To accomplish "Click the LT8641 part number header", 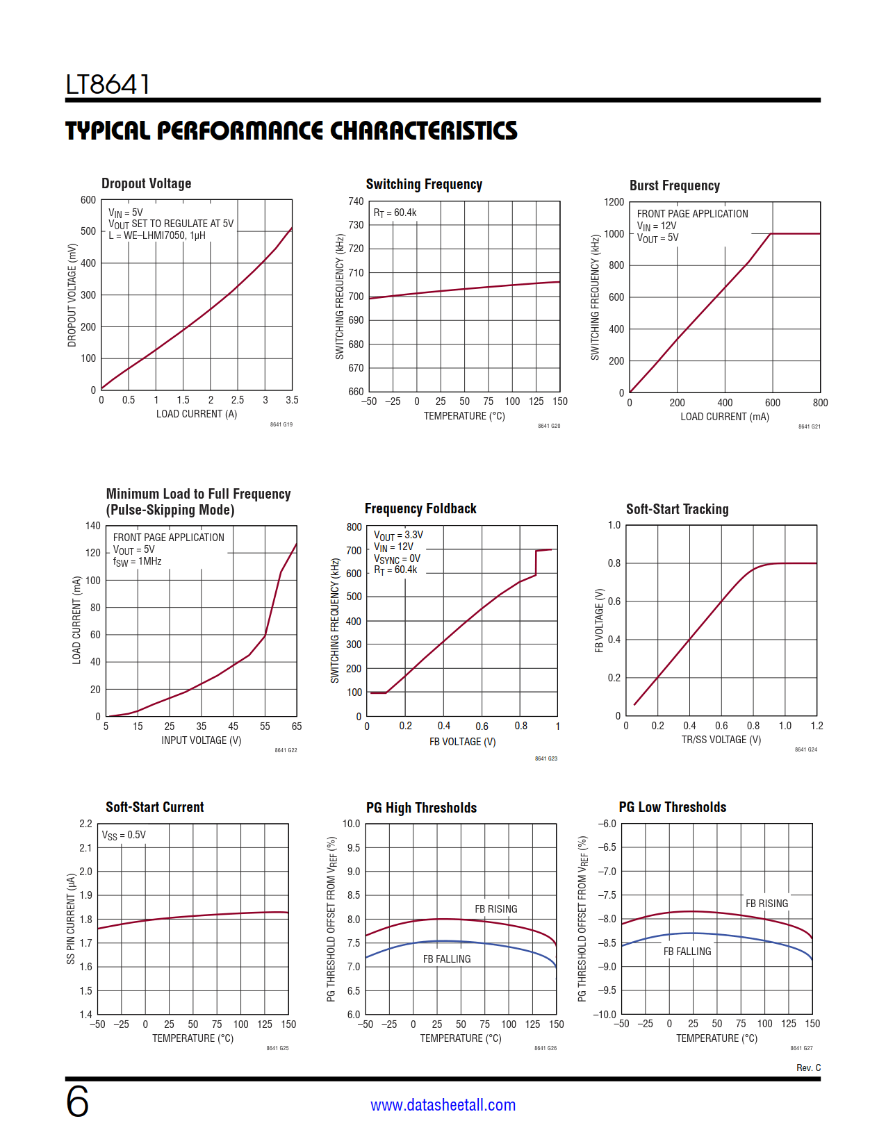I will tap(108, 85).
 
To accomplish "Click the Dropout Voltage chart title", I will tap(146, 183).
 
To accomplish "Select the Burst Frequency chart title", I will tap(674, 185).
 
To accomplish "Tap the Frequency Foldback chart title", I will tap(420, 508).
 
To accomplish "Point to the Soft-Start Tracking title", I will tap(677, 509).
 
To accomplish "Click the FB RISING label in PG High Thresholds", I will tap(495, 909).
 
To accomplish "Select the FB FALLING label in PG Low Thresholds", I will tap(687, 952).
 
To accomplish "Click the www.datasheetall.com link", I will tap(443, 1105).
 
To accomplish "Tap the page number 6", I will tap(77, 1102).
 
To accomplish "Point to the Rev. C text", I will tap(808, 1068).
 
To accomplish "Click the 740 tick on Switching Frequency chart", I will tap(356, 201).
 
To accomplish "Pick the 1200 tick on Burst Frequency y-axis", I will tap(614, 202).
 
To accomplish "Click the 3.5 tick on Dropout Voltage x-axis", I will tap(292, 400).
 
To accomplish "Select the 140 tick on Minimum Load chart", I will tap(93, 526).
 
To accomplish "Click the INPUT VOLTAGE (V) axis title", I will tap(201, 740).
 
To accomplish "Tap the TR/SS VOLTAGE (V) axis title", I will tap(721, 740).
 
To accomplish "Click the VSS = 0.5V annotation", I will tap(124, 836).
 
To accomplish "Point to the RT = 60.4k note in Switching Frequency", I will tap(395, 213).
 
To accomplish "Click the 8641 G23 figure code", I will tap(545, 758).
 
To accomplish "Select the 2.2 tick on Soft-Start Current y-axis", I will tap(85, 824).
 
